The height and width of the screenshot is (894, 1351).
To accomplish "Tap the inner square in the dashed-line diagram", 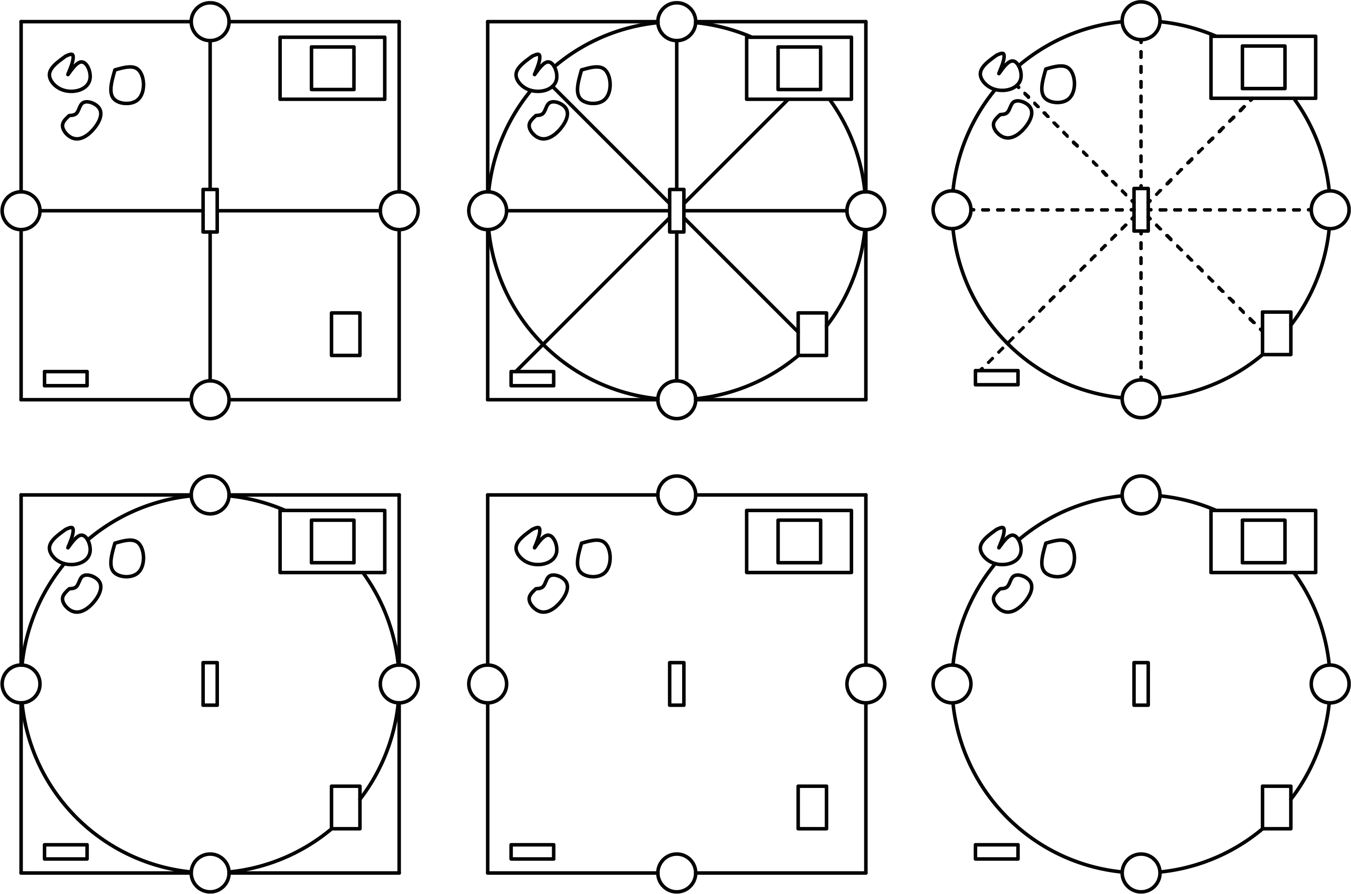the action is coord(1263,67).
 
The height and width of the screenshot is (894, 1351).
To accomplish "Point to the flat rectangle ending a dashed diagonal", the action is coord(996,378).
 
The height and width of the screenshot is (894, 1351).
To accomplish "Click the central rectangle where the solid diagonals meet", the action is coord(677,210).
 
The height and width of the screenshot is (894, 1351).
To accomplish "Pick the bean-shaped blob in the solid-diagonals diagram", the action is coord(548,120).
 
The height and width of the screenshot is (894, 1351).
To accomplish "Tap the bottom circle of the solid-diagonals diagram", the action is coord(677,400).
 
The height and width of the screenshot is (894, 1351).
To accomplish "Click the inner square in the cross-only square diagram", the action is coord(332,68).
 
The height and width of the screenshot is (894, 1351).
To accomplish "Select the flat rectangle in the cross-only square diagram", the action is coord(65,378).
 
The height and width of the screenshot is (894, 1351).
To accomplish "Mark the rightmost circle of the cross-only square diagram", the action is coord(399,210).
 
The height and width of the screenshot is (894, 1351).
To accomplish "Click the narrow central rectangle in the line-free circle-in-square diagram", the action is coord(210,684).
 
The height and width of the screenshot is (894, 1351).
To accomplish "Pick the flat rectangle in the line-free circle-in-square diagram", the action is coord(65,852).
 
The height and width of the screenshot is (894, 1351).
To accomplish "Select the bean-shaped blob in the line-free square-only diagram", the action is coord(548,593).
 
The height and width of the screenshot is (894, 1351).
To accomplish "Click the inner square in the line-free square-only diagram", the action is coord(799,541).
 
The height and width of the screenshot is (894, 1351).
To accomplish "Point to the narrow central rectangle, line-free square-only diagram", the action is coord(677,684).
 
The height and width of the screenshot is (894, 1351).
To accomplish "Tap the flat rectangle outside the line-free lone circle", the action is coord(996,852).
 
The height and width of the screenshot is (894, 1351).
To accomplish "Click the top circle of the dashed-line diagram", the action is coord(1141,21).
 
